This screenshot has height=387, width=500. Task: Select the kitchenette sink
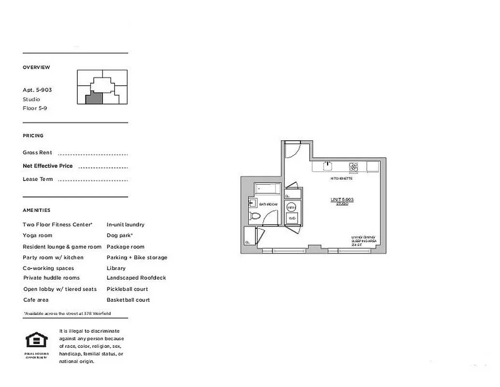click(x=328, y=167)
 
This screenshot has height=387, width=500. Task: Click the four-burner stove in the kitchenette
click(x=354, y=167)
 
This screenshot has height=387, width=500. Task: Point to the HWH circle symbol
click(x=291, y=207)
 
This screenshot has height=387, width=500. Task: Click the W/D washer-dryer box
click(x=292, y=218)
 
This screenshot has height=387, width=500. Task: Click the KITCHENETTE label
click(x=341, y=179)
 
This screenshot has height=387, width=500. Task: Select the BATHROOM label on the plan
click(x=269, y=205)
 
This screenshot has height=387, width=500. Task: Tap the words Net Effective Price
click(x=48, y=166)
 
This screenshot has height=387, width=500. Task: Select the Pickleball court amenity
click(x=127, y=289)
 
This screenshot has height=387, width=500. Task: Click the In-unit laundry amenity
click(x=125, y=224)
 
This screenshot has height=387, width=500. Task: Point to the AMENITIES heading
click(x=36, y=210)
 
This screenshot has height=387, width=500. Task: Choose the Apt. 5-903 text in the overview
click(x=37, y=90)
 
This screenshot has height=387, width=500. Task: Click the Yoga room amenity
click(x=37, y=236)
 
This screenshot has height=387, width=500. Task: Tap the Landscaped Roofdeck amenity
click(x=136, y=278)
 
